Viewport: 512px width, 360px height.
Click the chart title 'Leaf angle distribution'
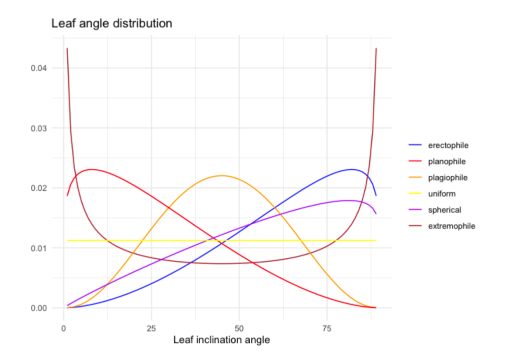(x=112, y=23)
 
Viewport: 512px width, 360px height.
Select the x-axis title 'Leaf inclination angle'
(x=221, y=340)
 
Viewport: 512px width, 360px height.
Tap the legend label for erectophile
(x=448, y=145)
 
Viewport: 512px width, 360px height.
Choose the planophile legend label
(x=447, y=161)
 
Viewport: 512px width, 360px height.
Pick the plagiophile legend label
(x=448, y=177)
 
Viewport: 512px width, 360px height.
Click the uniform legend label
(x=441, y=193)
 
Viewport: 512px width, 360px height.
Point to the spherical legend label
(x=444, y=209)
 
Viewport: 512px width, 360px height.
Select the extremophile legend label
(x=451, y=225)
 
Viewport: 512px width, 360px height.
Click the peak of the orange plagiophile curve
(x=222, y=175)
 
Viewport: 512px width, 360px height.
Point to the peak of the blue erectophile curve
(x=352, y=169)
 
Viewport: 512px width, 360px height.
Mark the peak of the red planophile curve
(x=91, y=169)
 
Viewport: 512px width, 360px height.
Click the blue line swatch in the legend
(x=415, y=145)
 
